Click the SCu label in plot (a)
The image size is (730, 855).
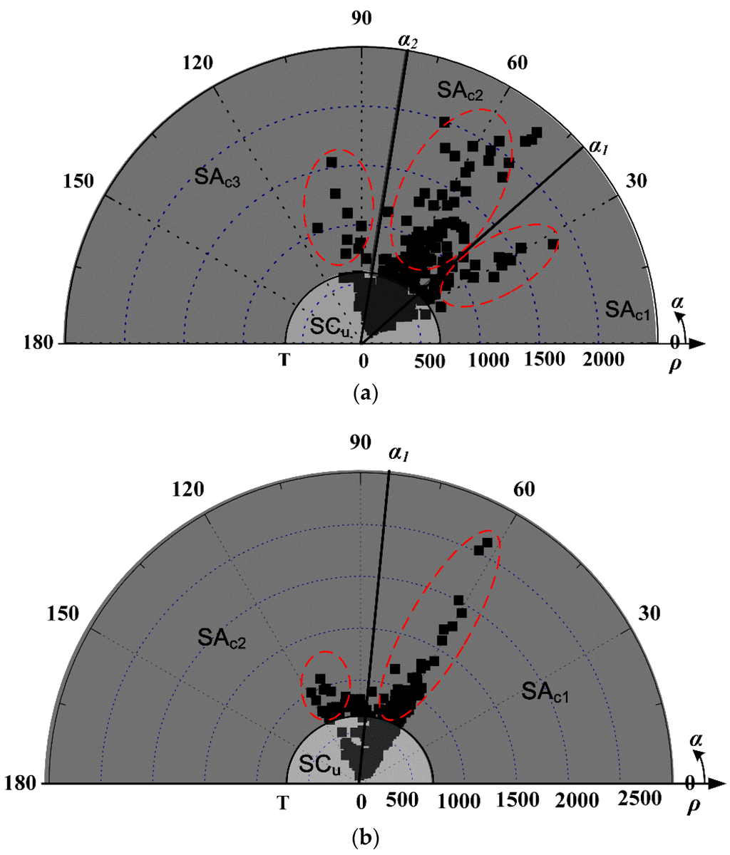331,325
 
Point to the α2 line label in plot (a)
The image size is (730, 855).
408,41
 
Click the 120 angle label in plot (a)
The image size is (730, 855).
198,63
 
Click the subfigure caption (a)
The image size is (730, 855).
366,391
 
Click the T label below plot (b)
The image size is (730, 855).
284,803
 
